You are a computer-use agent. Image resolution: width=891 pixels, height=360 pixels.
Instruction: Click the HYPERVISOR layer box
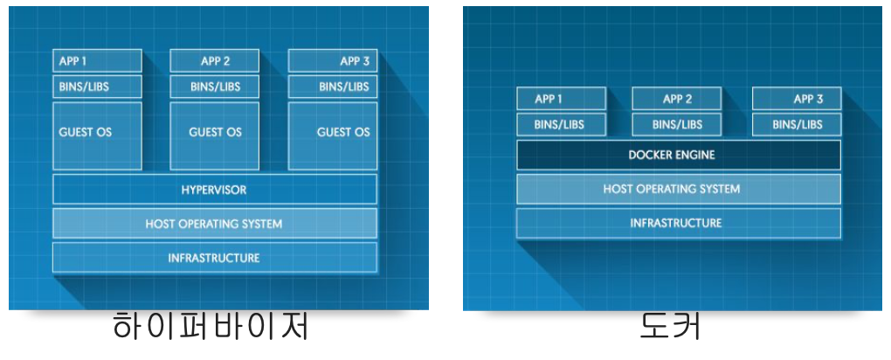(x=214, y=190)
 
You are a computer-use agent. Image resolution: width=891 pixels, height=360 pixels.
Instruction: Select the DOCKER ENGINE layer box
(x=678, y=156)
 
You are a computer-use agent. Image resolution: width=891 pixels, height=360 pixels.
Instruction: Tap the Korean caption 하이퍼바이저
(x=211, y=327)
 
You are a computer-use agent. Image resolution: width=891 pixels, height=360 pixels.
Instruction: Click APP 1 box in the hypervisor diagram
(x=97, y=61)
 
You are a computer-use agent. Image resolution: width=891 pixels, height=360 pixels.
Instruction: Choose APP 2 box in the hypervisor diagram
(x=215, y=61)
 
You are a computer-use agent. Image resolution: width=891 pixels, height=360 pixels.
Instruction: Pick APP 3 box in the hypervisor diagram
(x=333, y=61)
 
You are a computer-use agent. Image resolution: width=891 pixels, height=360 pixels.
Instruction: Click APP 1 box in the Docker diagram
(x=561, y=99)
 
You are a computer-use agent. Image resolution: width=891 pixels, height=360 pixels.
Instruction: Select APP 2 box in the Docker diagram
(x=677, y=99)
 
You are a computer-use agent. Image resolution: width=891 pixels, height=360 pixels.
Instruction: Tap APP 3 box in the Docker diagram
(x=796, y=99)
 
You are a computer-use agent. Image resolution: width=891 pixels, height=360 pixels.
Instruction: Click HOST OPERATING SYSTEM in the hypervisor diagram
(x=214, y=224)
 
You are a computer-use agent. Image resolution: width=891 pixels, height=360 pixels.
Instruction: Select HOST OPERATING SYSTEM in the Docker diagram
(x=678, y=189)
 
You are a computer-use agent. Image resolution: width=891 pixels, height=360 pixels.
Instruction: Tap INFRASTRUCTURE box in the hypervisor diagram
(x=214, y=258)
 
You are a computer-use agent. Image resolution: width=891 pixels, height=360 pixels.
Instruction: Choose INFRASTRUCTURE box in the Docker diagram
(x=678, y=223)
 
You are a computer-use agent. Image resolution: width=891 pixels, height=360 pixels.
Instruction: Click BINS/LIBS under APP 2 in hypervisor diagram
(x=215, y=87)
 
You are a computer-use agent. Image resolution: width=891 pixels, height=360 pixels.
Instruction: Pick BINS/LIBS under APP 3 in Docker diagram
(x=796, y=124)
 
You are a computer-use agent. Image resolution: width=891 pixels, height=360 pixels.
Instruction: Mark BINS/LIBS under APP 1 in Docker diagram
(x=561, y=124)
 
